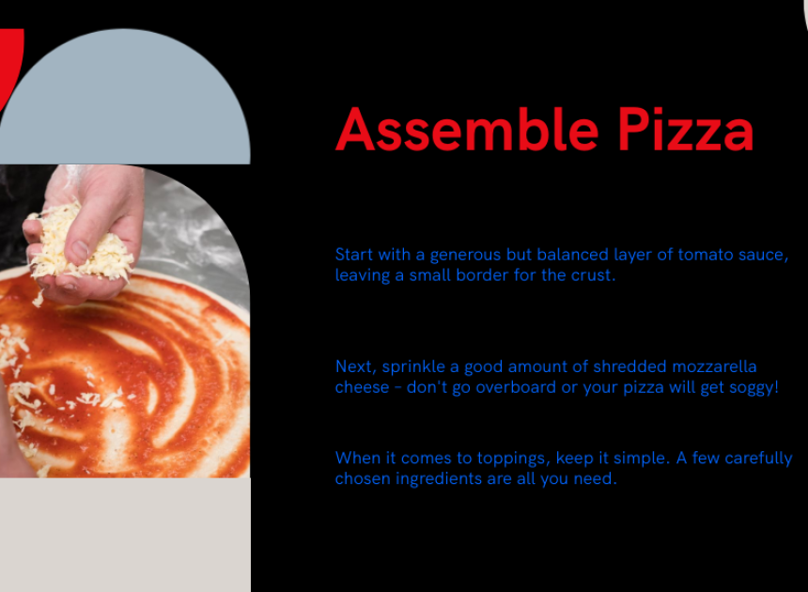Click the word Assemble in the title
[467, 130]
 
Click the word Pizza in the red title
[685, 130]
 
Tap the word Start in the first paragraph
[354, 255]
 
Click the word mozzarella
[714, 366]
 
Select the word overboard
[516, 387]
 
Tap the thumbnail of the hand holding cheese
[125, 321]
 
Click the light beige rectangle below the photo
[125, 535]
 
